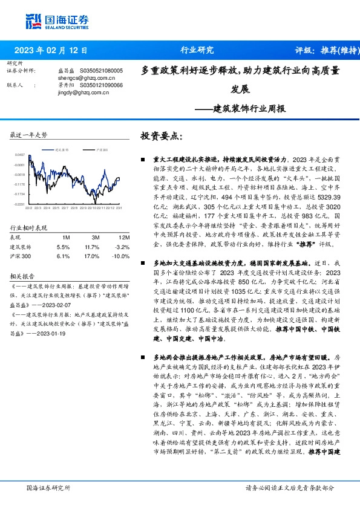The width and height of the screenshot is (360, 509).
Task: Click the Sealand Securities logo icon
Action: [33, 20]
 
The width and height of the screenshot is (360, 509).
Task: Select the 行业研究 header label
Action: [197, 50]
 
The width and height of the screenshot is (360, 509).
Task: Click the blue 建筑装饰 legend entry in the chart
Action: [59, 149]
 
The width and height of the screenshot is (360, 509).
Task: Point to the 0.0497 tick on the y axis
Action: [19, 155]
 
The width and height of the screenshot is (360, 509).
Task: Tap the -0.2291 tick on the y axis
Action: [19, 204]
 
